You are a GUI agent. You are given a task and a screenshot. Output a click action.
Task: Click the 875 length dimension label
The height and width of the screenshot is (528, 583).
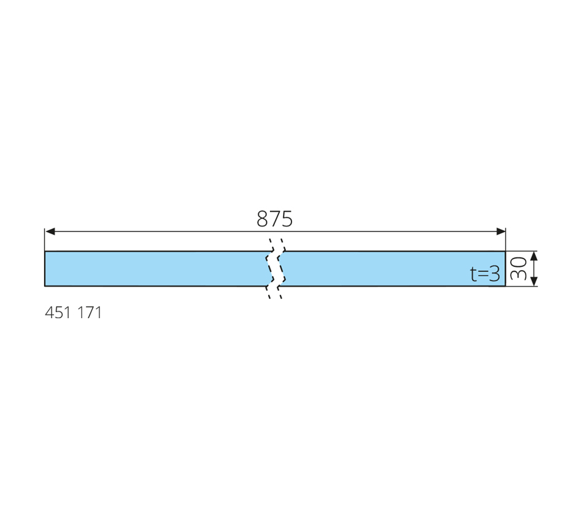(x=274, y=219)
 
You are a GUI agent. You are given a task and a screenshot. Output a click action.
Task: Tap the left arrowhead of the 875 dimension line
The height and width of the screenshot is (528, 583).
(x=50, y=231)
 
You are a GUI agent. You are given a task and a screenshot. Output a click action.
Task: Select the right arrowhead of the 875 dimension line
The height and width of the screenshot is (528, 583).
(x=500, y=231)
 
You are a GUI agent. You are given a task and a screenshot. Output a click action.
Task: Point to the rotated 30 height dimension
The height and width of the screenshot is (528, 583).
(x=519, y=269)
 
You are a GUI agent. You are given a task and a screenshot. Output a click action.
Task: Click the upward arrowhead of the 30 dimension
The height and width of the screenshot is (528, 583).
(x=534, y=256)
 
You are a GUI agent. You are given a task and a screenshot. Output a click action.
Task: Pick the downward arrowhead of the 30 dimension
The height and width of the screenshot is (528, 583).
(x=534, y=281)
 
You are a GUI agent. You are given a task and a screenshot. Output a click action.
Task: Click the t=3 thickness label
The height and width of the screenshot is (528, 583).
(x=485, y=274)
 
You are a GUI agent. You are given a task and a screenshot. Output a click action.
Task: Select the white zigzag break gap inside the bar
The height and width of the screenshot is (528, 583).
(x=275, y=269)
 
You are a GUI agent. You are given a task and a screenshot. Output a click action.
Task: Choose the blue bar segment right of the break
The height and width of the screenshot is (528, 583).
(x=393, y=269)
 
